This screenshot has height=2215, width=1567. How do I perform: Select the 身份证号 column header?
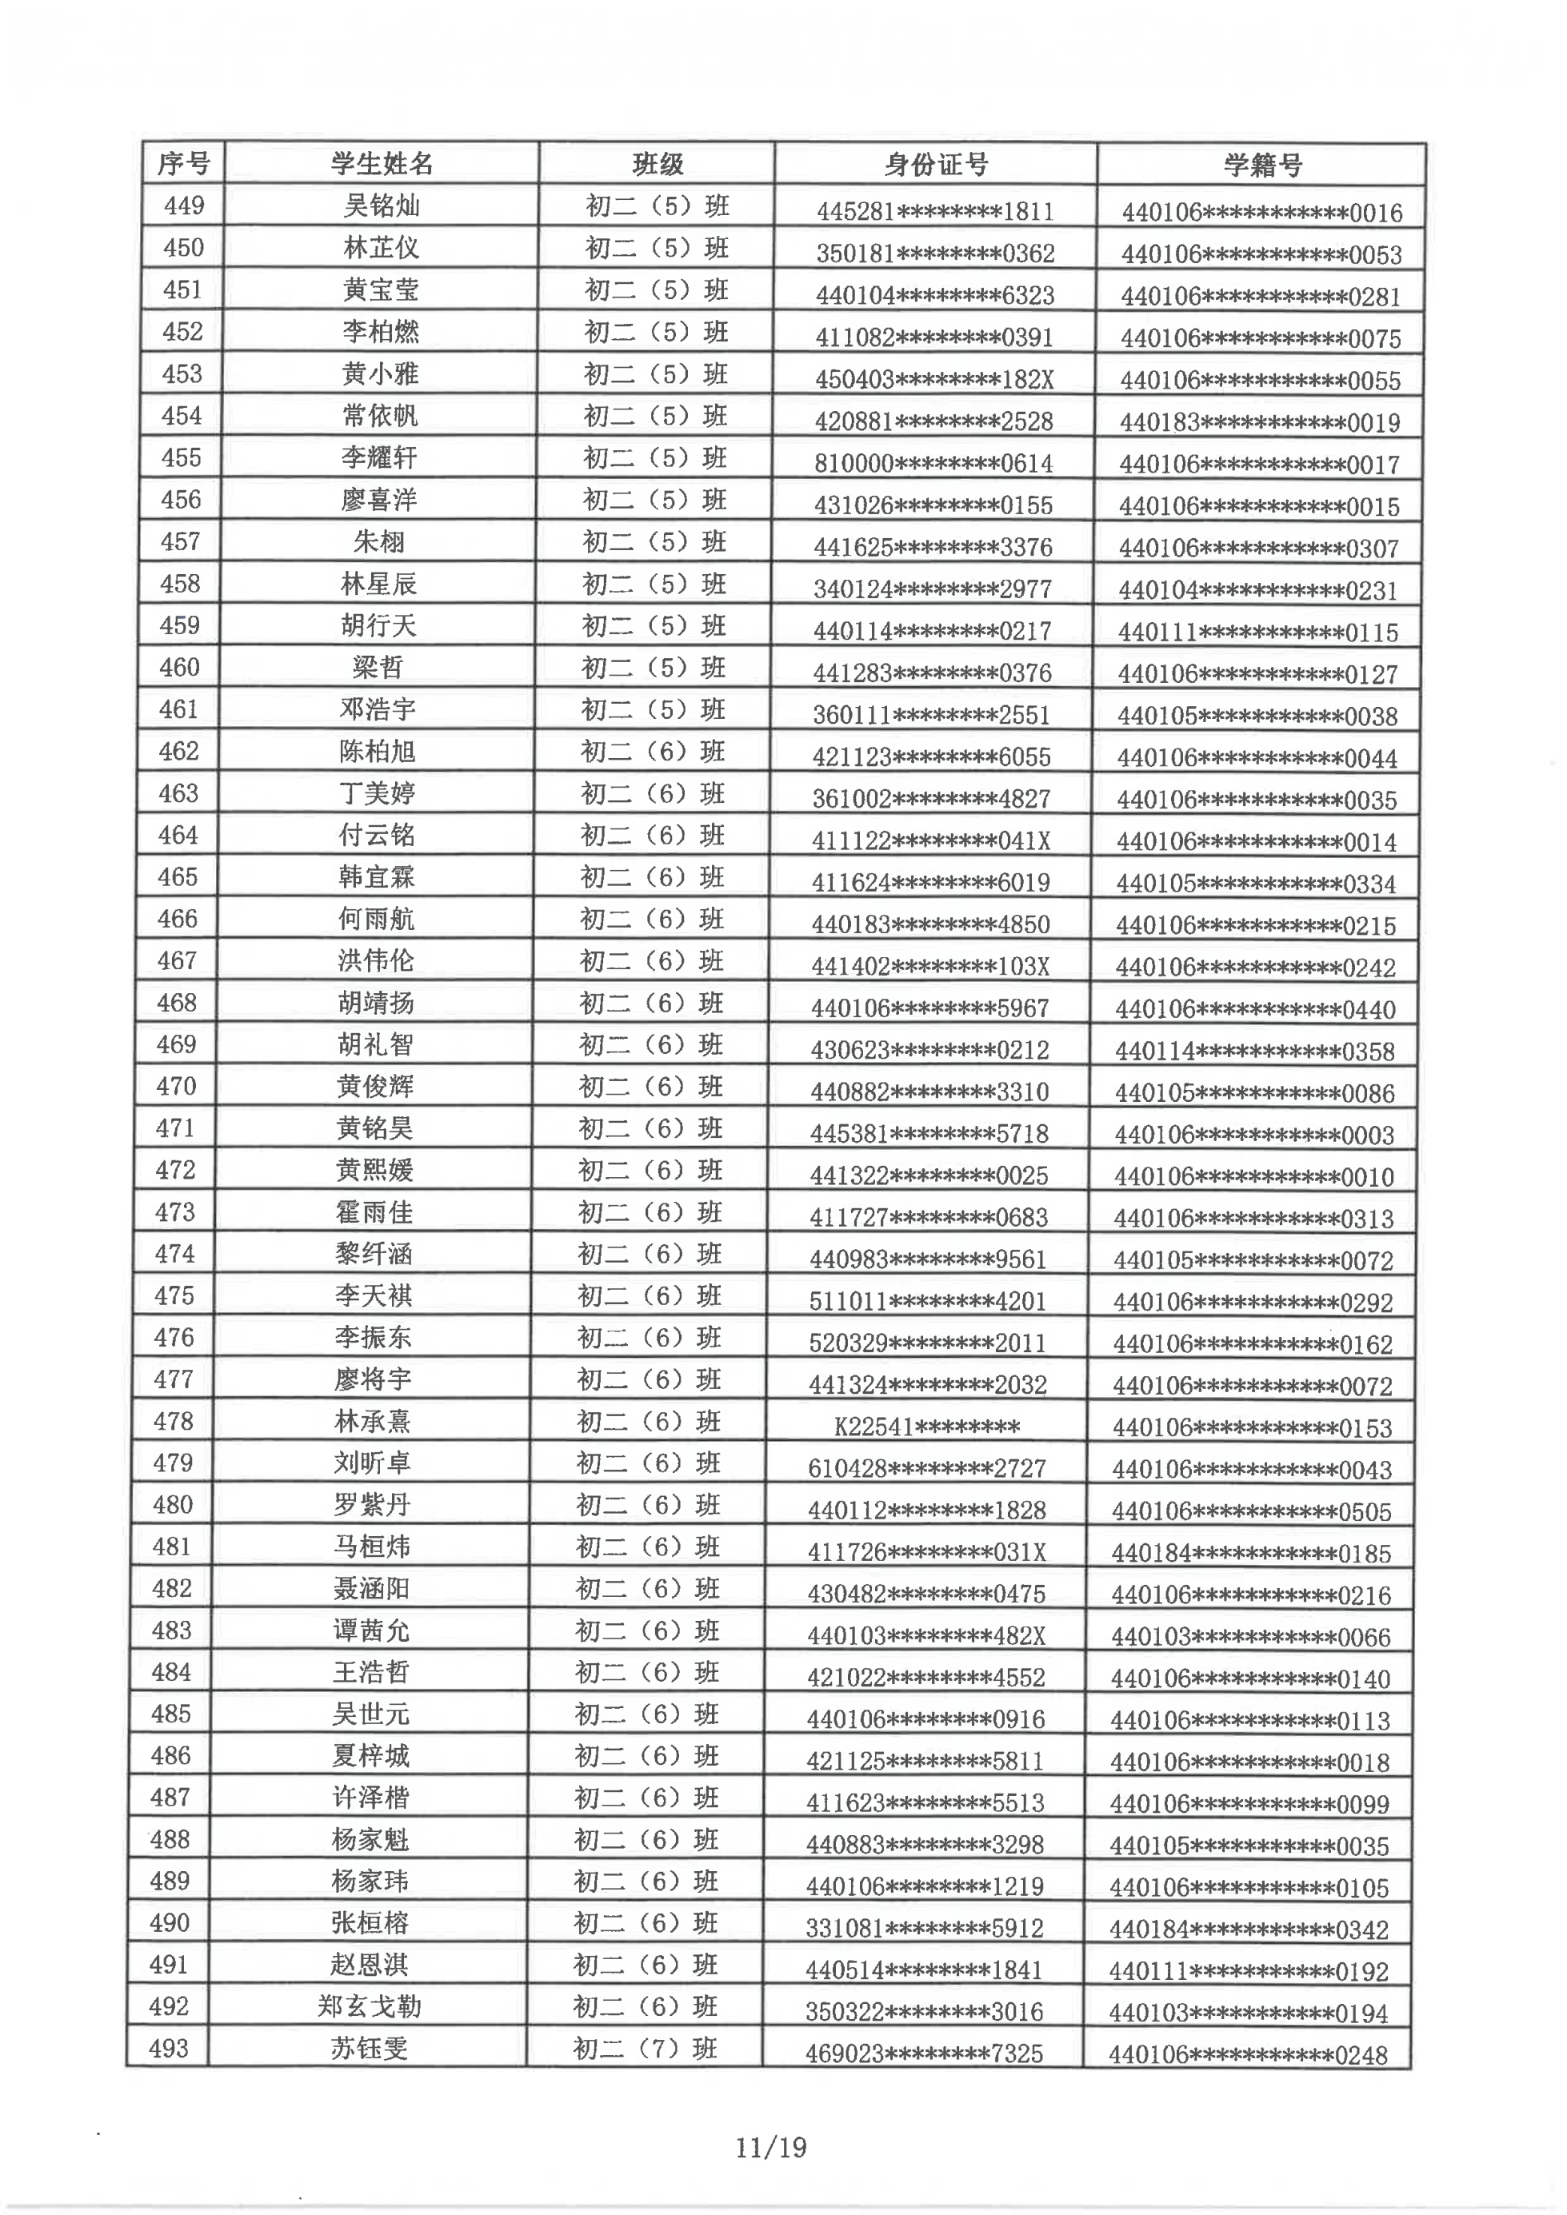[935, 165]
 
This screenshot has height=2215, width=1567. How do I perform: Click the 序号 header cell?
[183, 164]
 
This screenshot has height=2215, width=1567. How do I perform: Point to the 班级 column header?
[657, 164]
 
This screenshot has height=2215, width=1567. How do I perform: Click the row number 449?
[183, 206]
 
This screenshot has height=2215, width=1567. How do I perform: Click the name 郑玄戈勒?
[370, 2006]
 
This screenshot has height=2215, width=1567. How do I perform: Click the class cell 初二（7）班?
[646, 2048]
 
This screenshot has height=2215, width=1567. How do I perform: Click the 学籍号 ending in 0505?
[1252, 1511]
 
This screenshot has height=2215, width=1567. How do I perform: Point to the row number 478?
[174, 1421]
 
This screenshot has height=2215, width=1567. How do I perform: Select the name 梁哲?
[378, 668]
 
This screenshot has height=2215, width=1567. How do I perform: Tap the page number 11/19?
[770, 2149]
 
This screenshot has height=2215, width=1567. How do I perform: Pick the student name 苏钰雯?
[369, 2048]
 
